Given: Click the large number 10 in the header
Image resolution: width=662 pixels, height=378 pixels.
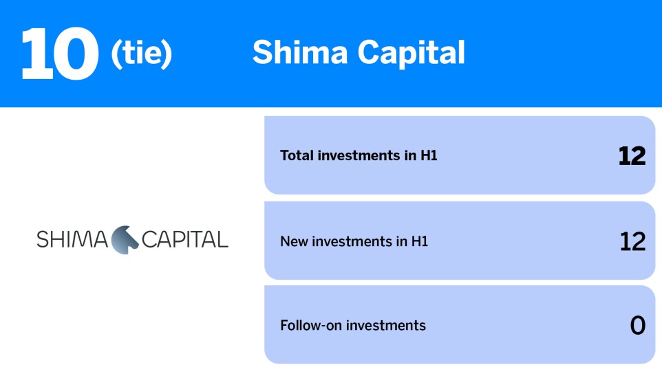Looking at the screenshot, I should [59, 53].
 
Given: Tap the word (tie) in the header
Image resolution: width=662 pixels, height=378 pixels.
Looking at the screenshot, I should [141, 54].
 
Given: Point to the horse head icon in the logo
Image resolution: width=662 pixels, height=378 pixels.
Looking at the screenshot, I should [125, 239].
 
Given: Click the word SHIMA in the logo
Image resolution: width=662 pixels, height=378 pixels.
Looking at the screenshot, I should [72, 240].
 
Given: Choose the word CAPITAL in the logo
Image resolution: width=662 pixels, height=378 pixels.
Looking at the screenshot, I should [184, 240].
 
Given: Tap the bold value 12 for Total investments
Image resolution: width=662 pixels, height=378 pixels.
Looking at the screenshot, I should [632, 156].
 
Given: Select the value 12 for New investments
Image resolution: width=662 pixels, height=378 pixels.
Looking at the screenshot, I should [632, 241].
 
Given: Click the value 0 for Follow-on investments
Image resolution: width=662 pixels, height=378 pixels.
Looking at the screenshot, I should [638, 326].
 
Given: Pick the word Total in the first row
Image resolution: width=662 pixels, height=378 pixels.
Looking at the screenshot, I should [297, 156].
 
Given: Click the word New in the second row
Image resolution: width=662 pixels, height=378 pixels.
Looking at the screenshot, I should [292, 242].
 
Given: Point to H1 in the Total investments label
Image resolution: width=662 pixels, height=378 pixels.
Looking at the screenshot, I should [429, 156].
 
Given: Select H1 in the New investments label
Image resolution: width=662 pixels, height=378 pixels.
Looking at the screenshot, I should [420, 242].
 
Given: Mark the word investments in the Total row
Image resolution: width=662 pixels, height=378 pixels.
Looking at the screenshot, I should [359, 156].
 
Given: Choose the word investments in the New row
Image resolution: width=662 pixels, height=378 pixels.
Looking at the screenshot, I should [350, 242].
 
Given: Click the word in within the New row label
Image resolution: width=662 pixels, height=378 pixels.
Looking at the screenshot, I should [402, 242].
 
